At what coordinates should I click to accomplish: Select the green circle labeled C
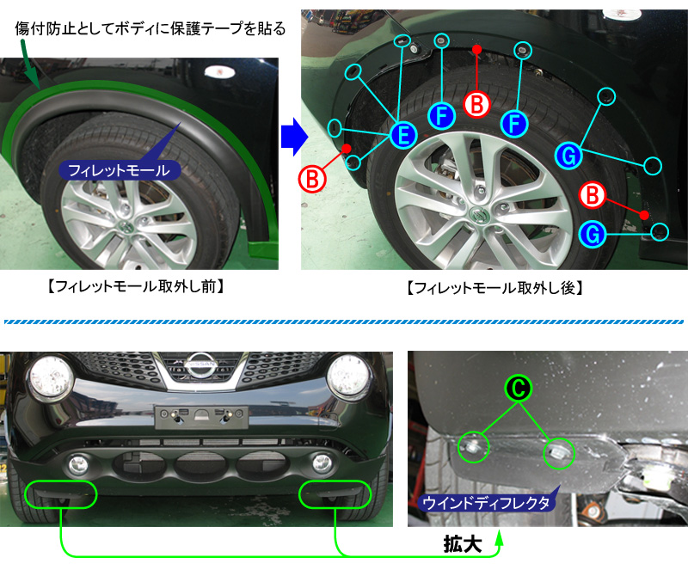pyautogui.click(x=517, y=389)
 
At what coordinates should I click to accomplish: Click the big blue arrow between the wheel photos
pyautogui.click(x=293, y=138)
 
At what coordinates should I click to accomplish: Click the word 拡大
pyautogui.click(x=462, y=545)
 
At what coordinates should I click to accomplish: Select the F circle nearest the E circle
pyautogui.click(x=441, y=116)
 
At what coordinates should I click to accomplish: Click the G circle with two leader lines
pyautogui.click(x=569, y=156)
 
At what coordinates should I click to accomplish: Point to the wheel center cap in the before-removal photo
pyautogui.click(x=126, y=226)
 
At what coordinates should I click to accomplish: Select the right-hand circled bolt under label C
pyautogui.click(x=556, y=452)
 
